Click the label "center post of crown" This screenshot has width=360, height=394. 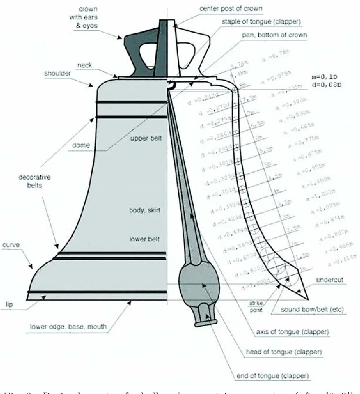(231, 8)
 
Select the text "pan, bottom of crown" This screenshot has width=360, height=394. (274, 34)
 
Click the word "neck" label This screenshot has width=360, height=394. (85, 65)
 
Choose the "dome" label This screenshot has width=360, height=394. (82, 145)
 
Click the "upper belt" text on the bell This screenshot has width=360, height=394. (146, 139)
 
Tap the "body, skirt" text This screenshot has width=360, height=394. (144, 210)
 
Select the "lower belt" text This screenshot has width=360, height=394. (144, 239)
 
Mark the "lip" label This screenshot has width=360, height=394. (9, 304)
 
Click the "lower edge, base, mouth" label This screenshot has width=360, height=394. (68, 327)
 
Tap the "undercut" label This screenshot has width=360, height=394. (330, 280)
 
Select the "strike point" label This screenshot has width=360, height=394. (256, 307)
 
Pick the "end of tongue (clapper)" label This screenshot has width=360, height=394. (272, 376)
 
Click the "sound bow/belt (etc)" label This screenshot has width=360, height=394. (313, 310)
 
